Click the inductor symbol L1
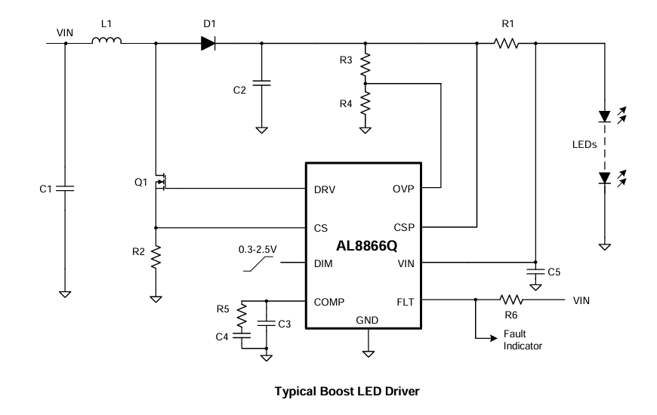[x=106, y=43]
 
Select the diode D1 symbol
[x=209, y=43]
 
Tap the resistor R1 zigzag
[x=507, y=44]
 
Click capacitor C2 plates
[x=261, y=83]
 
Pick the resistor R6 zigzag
[x=511, y=300]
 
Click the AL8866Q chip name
[x=367, y=245]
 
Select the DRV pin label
[x=325, y=189]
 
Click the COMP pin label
[x=329, y=301]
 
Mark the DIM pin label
[x=323, y=263]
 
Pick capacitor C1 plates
[x=65, y=187]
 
